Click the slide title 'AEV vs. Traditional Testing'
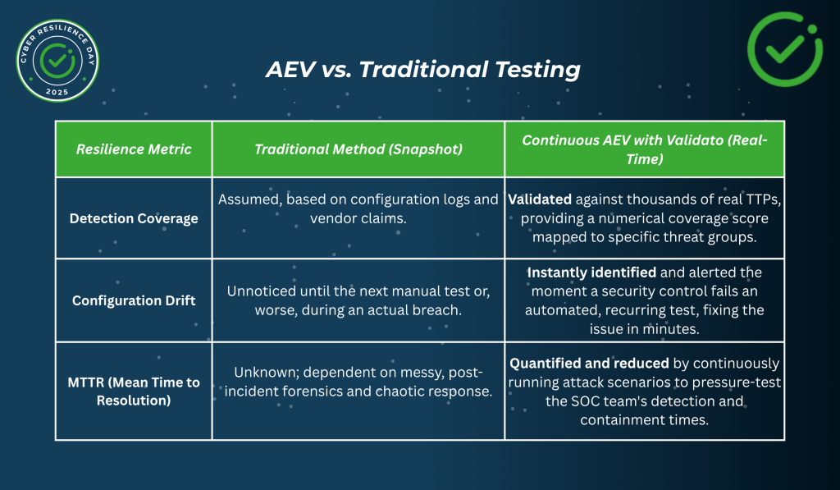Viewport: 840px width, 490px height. coord(422,70)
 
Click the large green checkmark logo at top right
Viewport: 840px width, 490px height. coord(785,50)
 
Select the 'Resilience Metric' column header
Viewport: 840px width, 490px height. coord(134,149)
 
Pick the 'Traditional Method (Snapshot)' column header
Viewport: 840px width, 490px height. coord(358,149)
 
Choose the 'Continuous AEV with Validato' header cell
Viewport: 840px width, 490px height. coord(644,149)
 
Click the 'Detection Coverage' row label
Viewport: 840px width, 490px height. coord(134,218)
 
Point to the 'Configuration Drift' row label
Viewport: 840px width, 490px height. coord(134,300)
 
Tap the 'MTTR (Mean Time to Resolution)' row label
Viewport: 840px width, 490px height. coord(134,392)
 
